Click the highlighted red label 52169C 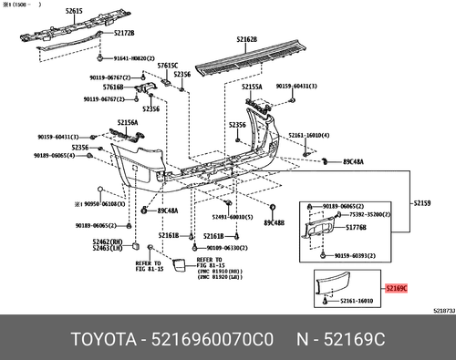(x=397, y=288)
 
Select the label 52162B (x=246, y=39)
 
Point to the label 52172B (x=123, y=32)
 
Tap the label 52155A (x=252, y=87)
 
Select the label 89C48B (x=274, y=222)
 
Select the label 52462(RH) (x=109, y=242)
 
